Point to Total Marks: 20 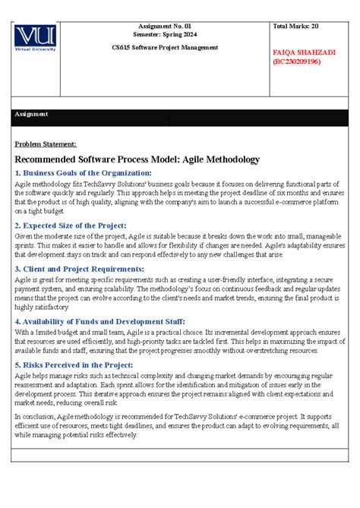(297, 27)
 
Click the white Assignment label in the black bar (31, 114)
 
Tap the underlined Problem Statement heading (46, 144)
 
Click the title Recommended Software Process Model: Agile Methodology (137, 159)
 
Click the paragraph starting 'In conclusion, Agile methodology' (176, 426)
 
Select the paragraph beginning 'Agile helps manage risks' (176, 390)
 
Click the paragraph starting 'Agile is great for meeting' (176, 295)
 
